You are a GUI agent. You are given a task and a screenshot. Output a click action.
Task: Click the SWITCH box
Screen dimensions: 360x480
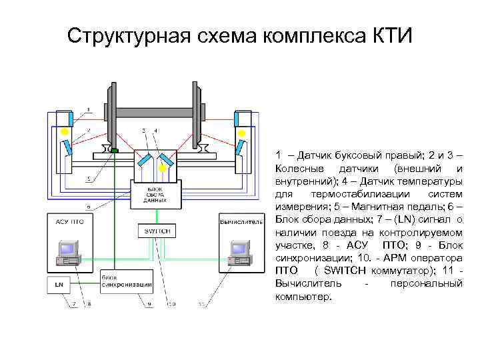pyautogui.click(x=157, y=231)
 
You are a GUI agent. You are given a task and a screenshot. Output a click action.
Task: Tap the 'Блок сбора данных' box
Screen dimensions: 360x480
pyautogui.click(x=157, y=194)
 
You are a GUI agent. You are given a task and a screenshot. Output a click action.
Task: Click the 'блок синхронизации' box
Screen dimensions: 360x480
pyautogui.click(x=126, y=281)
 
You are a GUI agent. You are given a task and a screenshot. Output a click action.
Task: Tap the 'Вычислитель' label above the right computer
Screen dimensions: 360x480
pyautogui.click(x=239, y=221)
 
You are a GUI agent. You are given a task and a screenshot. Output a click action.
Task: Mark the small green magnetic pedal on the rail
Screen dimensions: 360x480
pyautogui.click(x=115, y=151)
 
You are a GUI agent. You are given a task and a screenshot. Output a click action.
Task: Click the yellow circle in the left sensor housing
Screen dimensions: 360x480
pyautogui.click(x=65, y=132)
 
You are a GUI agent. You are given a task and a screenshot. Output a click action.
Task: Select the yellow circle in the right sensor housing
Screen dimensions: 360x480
pyautogui.click(x=240, y=132)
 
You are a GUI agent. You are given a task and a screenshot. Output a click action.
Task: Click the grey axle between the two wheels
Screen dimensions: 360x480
pyautogui.click(x=157, y=114)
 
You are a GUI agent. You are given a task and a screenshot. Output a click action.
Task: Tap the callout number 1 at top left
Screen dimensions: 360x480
pyautogui.click(x=87, y=109)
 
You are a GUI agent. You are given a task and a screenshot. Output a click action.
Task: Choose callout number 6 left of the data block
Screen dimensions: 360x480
pyautogui.click(x=88, y=207)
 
